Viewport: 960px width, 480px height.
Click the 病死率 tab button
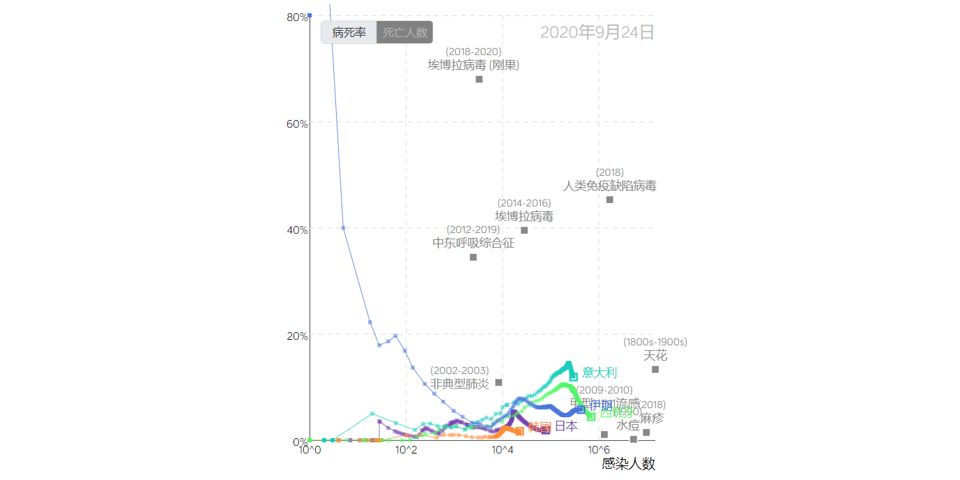click(x=349, y=32)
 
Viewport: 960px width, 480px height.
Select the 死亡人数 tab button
click(x=404, y=32)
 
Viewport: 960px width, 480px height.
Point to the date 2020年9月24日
click(x=597, y=32)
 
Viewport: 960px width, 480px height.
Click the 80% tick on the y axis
click(x=298, y=17)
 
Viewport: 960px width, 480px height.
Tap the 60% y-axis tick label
click(x=298, y=123)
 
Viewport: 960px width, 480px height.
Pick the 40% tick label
click(x=298, y=230)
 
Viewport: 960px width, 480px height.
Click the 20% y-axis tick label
click(x=298, y=336)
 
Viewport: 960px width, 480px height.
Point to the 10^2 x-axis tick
click(x=406, y=451)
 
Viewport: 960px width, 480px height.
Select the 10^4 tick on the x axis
click(x=502, y=451)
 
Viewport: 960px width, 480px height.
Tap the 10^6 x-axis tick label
click(x=598, y=451)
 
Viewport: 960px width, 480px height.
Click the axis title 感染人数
click(x=628, y=464)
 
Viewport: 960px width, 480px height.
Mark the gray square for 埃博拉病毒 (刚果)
click(x=479, y=79)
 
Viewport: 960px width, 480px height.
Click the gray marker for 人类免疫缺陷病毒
click(x=610, y=200)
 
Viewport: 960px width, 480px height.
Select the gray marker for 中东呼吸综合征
click(x=473, y=257)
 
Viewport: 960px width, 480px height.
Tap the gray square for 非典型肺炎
click(x=498, y=382)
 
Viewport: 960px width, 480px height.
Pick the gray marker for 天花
click(x=655, y=369)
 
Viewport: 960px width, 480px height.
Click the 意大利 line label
click(x=600, y=373)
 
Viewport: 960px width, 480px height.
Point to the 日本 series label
click(x=566, y=426)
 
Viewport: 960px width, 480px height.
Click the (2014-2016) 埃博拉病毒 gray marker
click(x=524, y=230)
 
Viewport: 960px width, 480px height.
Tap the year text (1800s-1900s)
click(x=655, y=342)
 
